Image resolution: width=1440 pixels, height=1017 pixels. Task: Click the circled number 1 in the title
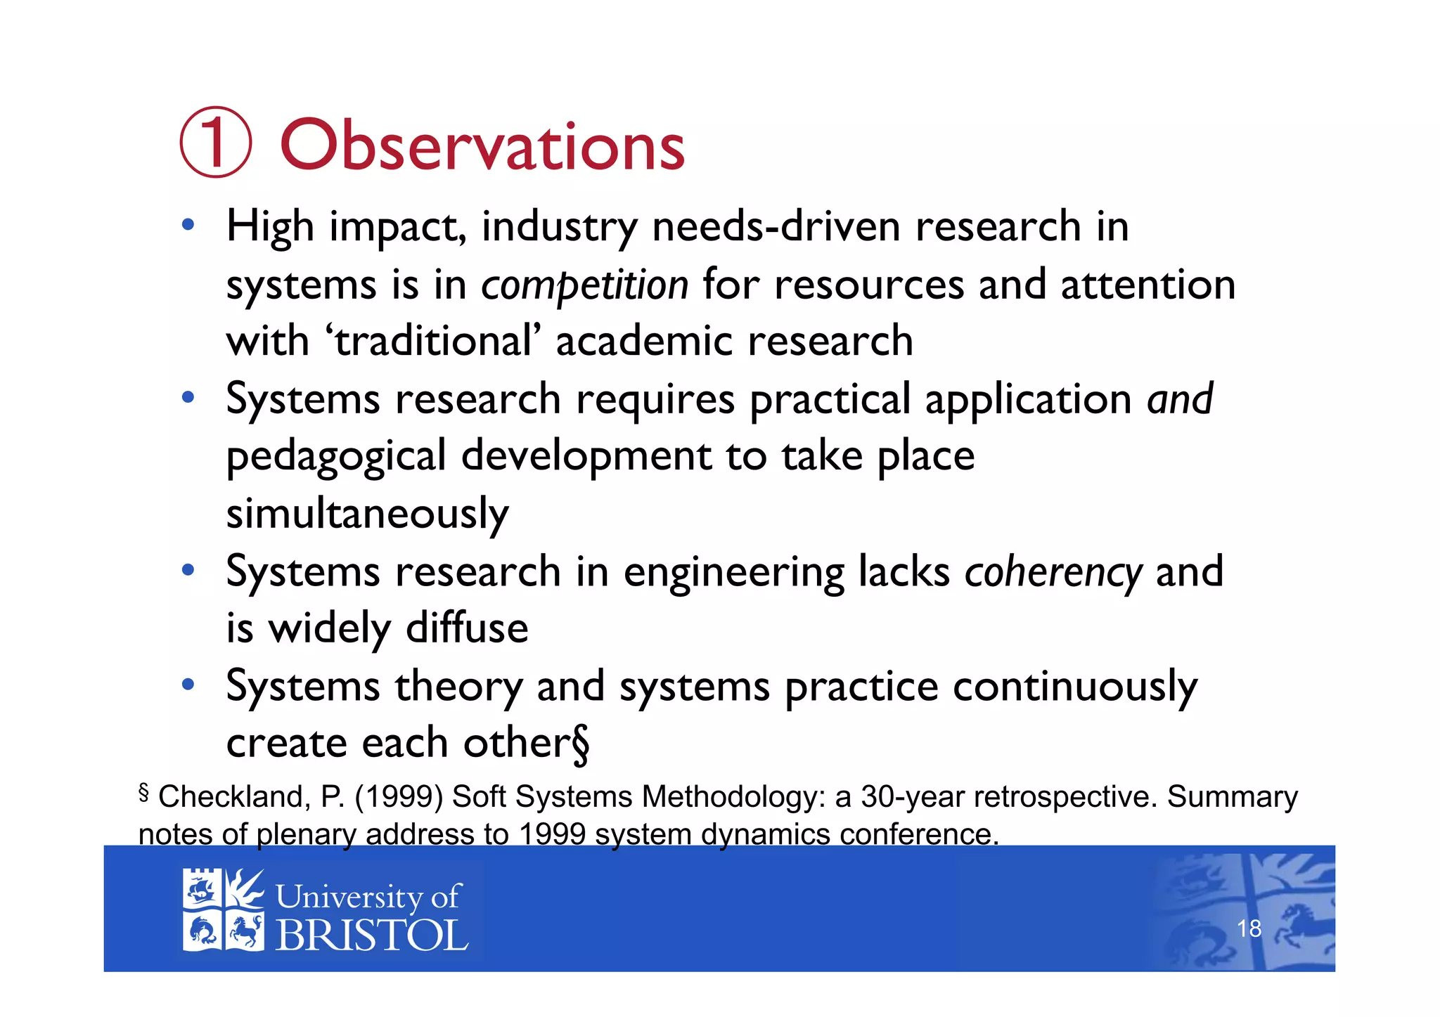coord(215,142)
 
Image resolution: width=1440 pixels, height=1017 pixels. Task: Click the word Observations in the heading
coord(482,145)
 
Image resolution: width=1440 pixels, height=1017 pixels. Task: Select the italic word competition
coord(584,285)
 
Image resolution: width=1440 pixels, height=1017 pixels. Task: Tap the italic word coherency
coord(1053,572)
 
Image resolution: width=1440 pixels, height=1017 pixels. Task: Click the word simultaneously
coord(367,514)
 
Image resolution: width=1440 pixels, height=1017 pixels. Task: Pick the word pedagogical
coord(336,457)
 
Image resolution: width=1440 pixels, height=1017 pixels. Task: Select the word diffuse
coord(467,628)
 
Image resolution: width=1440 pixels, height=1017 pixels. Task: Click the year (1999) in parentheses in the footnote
coord(399,797)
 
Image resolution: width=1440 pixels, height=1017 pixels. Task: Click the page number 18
coord(1249,928)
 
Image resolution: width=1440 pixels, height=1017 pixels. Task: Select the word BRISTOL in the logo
coord(371,935)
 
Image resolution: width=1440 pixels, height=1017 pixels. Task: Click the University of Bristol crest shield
coord(223,910)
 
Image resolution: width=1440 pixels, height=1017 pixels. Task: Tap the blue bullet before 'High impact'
coord(187,226)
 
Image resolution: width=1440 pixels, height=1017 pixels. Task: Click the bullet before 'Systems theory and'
coord(187,685)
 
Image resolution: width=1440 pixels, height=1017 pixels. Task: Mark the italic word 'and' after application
coord(1180,399)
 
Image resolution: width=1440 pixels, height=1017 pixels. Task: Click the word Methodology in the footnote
coord(734,797)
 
